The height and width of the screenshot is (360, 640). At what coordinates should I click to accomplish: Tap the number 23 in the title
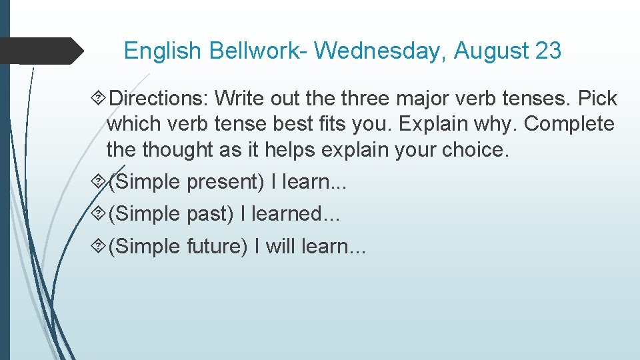[x=548, y=51]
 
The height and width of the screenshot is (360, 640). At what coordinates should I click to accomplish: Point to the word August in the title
[x=491, y=51]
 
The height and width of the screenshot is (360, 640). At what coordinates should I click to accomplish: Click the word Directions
[x=159, y=99]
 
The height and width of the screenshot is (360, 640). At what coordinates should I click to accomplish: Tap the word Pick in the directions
[x=597, y=99]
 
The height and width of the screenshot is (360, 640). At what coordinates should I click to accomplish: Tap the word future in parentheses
[x=217, y=247]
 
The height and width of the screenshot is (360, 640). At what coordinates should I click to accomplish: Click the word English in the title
[x=163, y=51]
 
